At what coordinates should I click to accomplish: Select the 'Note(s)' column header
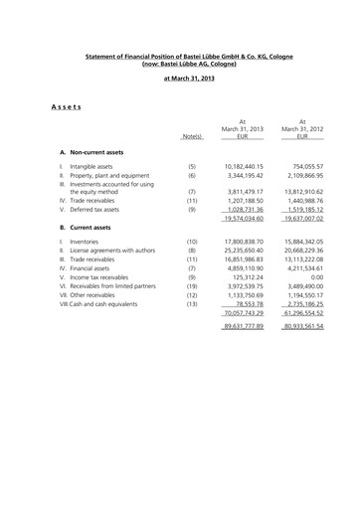[192, 135]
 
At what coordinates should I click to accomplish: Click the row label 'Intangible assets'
[97, 166]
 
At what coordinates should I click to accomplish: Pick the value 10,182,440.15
[241, 166]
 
